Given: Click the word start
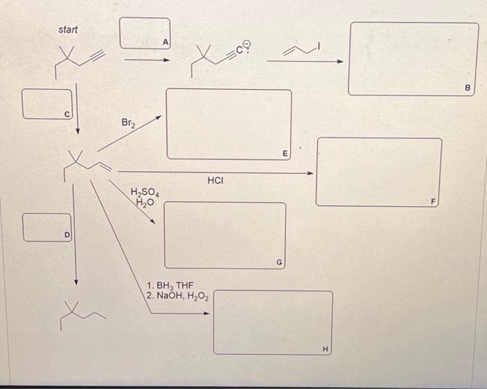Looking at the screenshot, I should (68, 30).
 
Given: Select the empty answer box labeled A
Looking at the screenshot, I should (143, 33).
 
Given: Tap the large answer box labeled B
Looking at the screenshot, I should (413, 58).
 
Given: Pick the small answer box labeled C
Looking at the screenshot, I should (47, 103).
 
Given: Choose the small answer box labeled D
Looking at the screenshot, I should (47, 226).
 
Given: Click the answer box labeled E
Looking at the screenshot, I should (228, 124).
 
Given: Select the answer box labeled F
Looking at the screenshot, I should (378, 171).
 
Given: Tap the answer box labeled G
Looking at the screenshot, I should (225, 235).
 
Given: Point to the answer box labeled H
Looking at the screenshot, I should (273, 322).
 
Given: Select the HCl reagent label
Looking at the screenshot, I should (215, 181).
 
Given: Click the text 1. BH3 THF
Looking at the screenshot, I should (170, 285).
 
